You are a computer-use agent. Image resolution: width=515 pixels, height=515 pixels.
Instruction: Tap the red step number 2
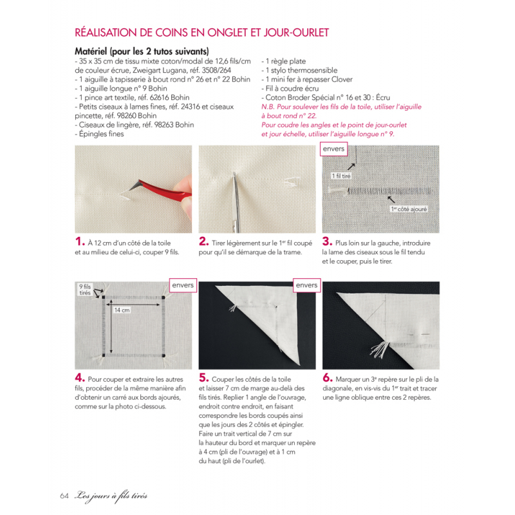point(203,243)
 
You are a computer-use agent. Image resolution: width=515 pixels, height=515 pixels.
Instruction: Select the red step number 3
point(327,243)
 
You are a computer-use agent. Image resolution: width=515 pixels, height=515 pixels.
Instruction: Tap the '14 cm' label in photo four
point(122,310)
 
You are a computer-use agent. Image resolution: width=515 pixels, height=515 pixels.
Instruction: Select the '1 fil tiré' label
point(341,175)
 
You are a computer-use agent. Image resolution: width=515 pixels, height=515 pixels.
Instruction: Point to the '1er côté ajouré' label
point(409,209)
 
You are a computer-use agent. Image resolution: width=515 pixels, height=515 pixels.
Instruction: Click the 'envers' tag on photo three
point(334,150)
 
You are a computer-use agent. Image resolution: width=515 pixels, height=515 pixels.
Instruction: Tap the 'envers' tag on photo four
point(182,285)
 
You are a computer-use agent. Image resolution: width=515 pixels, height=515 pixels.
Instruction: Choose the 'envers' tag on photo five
point(306,285)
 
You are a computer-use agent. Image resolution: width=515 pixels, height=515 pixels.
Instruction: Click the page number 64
point(64,495)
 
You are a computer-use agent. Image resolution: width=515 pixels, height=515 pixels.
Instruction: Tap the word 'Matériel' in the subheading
point(93,51)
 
